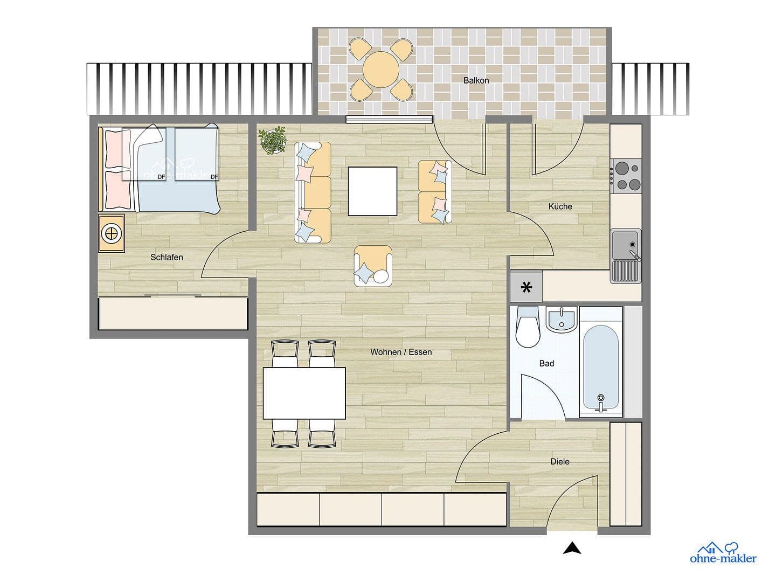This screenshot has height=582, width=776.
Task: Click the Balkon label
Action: click(x=476, y=80)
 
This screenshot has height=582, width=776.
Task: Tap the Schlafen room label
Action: click(x=167, y=257)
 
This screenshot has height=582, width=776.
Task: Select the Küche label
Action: click(x=560, y=206)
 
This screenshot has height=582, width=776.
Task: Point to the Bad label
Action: click(x=546, y=363)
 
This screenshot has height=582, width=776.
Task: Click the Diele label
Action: click(x=560, y=461)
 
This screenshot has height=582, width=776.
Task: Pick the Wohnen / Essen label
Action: click(x=401, y=352)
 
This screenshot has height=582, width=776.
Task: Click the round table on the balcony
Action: click(x=381, y=70)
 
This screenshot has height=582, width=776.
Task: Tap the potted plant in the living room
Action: click(x=272, y=140)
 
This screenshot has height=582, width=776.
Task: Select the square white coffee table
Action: click(x=372, y=191)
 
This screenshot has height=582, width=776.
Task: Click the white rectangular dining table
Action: click(x=304, y=393)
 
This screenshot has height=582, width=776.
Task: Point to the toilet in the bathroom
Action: click(x=528, y=327)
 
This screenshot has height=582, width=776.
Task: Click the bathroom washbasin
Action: click(x=562, y=320)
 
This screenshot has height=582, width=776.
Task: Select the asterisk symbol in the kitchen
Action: click(x=526, y=288)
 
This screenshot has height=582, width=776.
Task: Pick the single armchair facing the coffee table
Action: click(x=373, y=266)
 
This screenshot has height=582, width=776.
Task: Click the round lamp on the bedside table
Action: click(x=112, y=233)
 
